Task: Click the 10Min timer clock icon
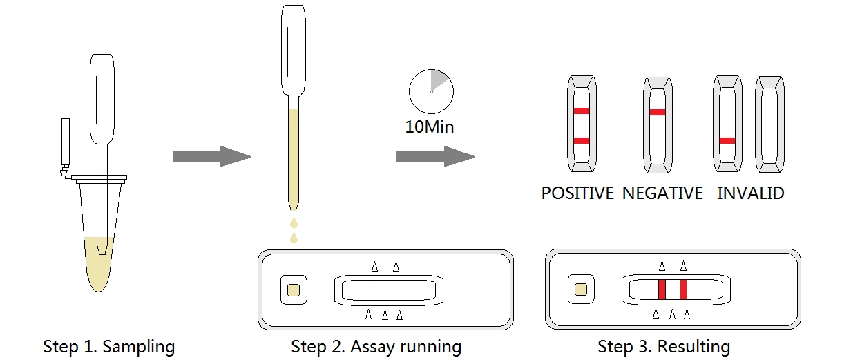tap(431, 91)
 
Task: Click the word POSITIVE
tap(577, 193)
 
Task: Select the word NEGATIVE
tap(662, 193)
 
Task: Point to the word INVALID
tap(751, 193)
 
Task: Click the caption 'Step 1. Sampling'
tap(109, 346)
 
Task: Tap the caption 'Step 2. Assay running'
tap(376, 346)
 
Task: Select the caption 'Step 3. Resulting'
tap(664, 346)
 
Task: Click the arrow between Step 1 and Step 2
tap(211, 156)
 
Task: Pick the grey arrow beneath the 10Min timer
tap(435, 156)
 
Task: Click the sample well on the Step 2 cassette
tap(293, 289)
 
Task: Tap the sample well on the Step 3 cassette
tap(581, 289)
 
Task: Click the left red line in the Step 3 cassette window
tap(661, 289)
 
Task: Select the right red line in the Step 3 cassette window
tap(683, 289)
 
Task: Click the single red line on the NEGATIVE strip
tap(658, 112)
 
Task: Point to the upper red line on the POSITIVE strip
tap(582, 111)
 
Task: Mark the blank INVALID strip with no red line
tap(769, 124)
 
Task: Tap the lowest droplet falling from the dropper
tap(294, 238)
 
